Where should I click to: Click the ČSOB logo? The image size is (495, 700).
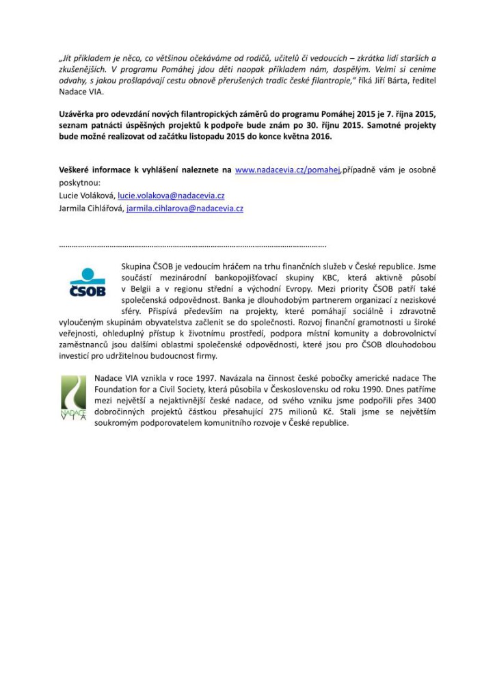point(88,282)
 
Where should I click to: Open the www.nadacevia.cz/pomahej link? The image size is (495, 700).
point(287,170)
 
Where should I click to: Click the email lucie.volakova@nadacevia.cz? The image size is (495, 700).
point(171,196)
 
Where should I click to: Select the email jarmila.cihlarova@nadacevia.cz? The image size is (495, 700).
point(185,208)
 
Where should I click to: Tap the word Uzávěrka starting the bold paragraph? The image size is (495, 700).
point(80,114)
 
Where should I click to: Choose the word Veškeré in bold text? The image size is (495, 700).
point(77,170)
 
